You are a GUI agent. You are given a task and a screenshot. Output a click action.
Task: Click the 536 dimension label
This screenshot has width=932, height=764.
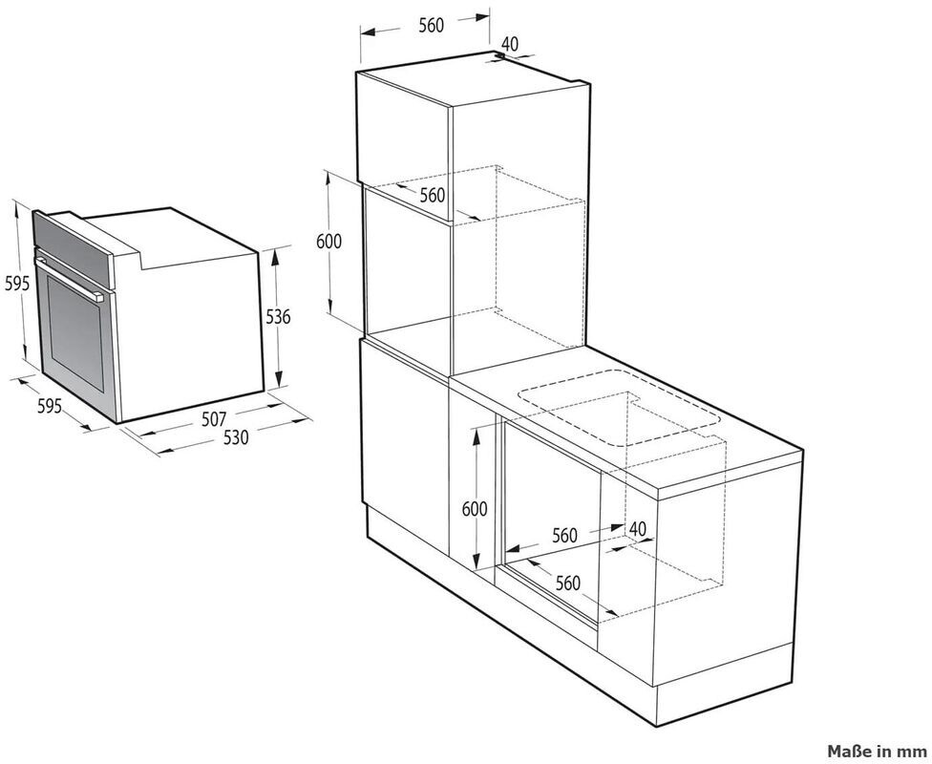click(278, 317)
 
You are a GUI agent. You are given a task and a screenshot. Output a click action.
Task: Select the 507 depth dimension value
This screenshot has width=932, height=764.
click(214, 420)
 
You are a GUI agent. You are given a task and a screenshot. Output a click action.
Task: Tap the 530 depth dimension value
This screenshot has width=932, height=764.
click(236, 437)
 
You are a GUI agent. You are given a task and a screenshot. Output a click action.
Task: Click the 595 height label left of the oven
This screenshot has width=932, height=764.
click(16, 284)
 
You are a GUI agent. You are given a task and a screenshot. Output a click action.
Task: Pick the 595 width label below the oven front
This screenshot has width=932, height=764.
click(50, 406)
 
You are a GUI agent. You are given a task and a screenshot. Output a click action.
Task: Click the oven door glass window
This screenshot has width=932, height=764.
click(75, 334)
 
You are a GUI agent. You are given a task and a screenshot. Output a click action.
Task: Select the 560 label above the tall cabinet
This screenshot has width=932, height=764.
click(431, 26)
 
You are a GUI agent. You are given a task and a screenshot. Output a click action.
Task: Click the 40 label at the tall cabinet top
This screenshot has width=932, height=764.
click(510, 43)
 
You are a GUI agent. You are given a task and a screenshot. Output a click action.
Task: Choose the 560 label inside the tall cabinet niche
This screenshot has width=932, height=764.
click(433, 195)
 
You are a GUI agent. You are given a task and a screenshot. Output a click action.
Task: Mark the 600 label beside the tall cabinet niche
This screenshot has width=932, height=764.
click(328, 242)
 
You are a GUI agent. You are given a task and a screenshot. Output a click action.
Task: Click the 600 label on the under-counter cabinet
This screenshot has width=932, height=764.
click(475, 509)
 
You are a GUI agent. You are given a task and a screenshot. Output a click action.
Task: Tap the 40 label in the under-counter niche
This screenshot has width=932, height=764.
click(637, 528)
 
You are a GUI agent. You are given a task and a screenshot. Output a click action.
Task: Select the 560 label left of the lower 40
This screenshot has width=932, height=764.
click(564, 536)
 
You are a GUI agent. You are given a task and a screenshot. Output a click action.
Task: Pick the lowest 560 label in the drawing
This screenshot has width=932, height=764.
click(567, 584)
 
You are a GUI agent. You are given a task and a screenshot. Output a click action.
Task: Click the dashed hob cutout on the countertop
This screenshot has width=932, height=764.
click(619, 408)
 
